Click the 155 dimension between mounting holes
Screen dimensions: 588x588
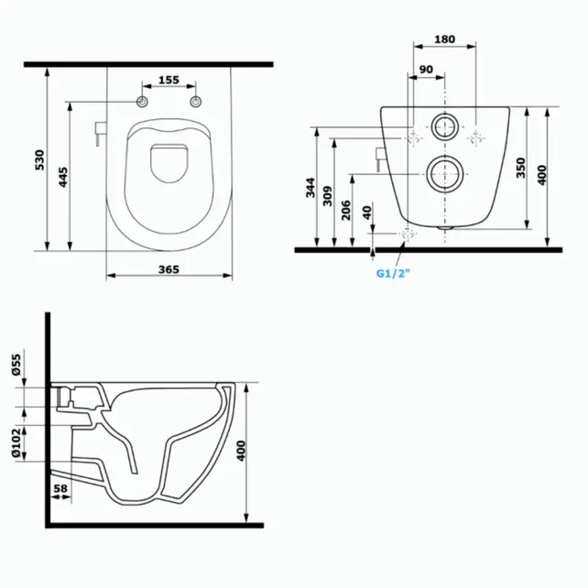(168, 81)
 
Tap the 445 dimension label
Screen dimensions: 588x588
(62, 179)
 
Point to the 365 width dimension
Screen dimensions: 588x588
(168, 269)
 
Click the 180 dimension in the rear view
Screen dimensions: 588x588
(444, 38)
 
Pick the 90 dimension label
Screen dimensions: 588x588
(427, 70)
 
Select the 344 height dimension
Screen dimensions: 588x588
(310, 191)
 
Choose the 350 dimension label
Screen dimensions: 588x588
(520, 168)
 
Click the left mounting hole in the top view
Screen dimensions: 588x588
(143, 101)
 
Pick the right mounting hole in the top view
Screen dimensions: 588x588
(195, 101)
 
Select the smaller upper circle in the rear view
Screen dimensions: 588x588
(444, 126)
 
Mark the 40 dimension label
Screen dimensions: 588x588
(367, 212)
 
